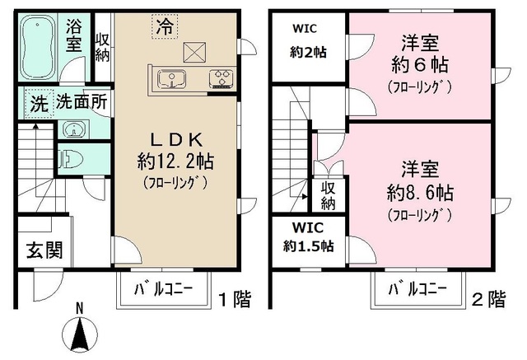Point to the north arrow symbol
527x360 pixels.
point(80,334)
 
